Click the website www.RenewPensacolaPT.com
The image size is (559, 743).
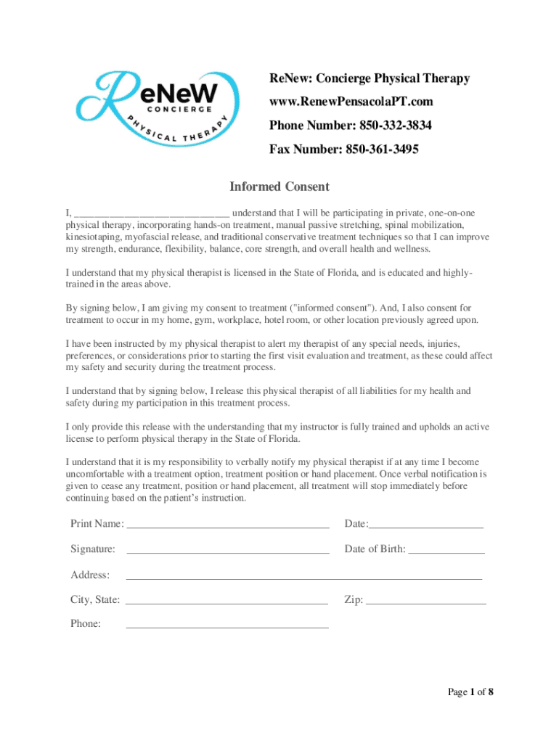pos(351,102)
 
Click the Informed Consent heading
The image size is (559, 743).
pos(279,186)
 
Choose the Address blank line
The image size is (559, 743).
pos(304,577)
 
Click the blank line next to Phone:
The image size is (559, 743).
pos(227,625)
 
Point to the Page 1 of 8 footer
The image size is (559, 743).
pos(470,692)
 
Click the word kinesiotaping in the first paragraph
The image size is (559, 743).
pos(94,237)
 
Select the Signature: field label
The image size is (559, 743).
pos(93,549)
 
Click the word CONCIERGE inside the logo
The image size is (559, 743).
pos(179,109)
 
